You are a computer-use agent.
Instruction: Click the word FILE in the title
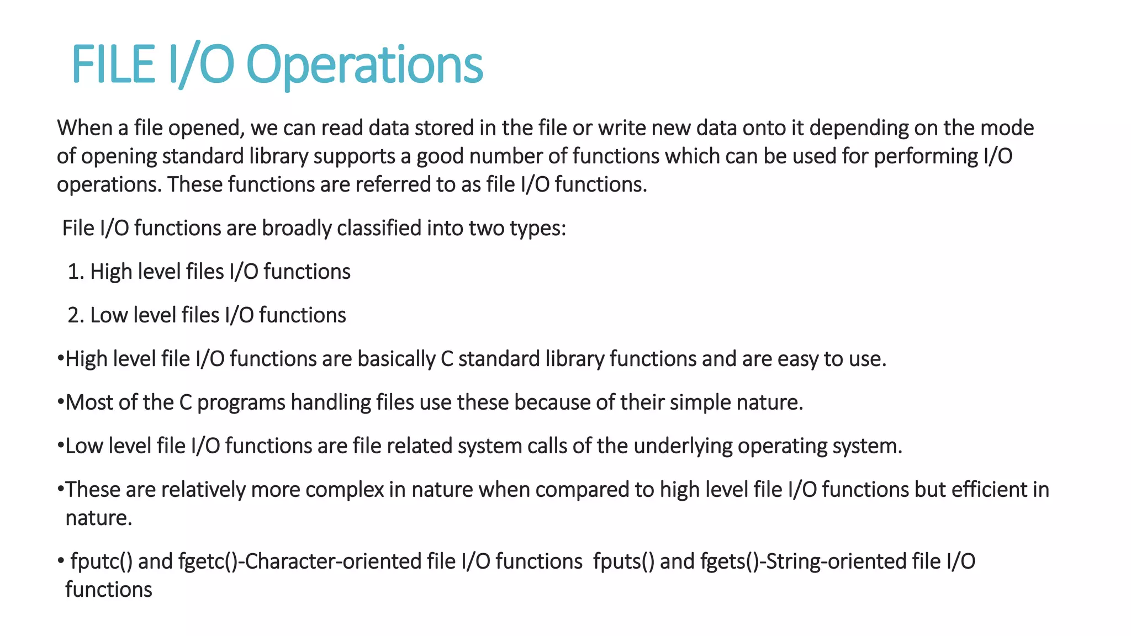tap(113, 65)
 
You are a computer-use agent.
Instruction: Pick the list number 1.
tap(75, 272)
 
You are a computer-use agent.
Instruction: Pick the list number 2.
tap(75, 315)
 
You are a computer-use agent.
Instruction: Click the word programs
tap(241, 402)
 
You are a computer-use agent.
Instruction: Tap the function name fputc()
tap(102, 561)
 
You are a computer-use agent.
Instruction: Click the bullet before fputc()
tap(61, 561)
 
